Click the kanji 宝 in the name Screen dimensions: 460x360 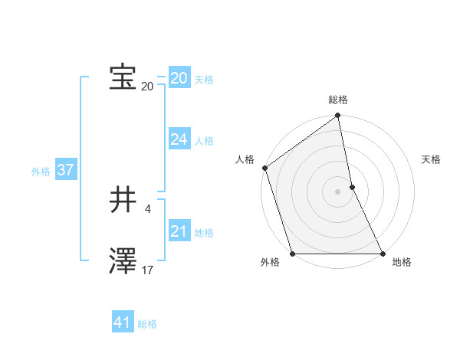123,77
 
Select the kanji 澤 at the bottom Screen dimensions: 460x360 123,260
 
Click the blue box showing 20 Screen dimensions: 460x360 179,78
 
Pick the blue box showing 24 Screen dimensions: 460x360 179,139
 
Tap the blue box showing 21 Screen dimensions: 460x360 179,231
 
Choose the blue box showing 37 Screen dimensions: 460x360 65,170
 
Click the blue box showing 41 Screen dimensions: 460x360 123,322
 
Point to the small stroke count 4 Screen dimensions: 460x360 147,208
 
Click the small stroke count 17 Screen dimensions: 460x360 147,269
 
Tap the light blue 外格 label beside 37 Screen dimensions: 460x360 41,172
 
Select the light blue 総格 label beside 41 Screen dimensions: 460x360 147,324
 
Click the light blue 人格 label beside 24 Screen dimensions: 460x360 204,141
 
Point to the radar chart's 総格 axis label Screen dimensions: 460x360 338,100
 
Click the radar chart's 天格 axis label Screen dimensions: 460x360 432,159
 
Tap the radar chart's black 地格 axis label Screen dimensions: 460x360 402,262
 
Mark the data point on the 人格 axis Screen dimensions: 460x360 264,168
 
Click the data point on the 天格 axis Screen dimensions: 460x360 352,187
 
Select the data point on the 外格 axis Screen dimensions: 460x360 292,254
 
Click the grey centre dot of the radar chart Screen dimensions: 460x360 338,191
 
